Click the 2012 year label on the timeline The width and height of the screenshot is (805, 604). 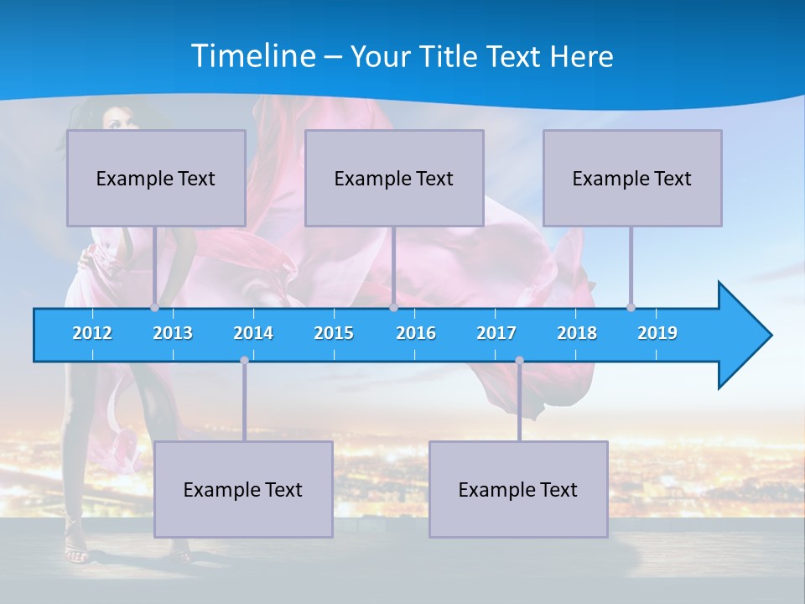[x=92, y=333]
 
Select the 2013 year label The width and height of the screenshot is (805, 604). [x=173, y=333]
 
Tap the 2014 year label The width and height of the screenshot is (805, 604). [x=253, y=333]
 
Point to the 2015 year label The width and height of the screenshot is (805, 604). [x=334, y=333]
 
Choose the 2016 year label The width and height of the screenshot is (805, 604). [x=416, y=333]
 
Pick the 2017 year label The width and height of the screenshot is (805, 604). [x=496, y=333]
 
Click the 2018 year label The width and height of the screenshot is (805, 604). [x=577, y=333]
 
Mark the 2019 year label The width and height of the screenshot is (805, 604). [x=657, y=333]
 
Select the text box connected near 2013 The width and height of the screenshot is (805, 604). [x=156, y=178]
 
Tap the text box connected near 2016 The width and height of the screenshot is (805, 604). [x=394, y=178]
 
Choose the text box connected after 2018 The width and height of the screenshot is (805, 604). [x=632, y=178]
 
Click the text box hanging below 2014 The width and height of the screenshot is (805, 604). [x=243, y=489]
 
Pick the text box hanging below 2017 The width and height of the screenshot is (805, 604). [x=518, y=489]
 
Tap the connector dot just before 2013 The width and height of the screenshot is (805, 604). [x=154, y=307]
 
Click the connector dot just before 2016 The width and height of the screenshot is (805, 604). [x=393, y=307]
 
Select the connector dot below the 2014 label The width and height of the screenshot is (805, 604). [x=244, y=361]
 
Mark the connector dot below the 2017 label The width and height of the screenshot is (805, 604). [x=519, y=361]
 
